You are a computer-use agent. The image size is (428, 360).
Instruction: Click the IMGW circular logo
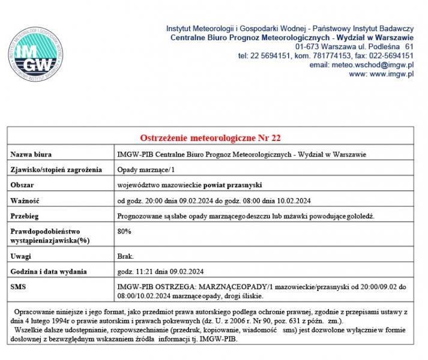[x=36, y=53]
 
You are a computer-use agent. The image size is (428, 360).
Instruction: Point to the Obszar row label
[x=23, y=185]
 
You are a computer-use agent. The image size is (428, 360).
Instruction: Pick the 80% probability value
[x=124, y=230]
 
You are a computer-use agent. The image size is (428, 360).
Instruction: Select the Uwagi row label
[x=21, y=256]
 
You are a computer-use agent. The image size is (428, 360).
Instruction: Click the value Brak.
[x=125, y=256]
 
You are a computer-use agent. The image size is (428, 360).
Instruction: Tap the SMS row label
[x=19, y=287]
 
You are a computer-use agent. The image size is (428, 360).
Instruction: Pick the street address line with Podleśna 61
[x=354, y=46]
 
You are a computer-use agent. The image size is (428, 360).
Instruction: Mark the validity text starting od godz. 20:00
[x=214, y=200]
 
